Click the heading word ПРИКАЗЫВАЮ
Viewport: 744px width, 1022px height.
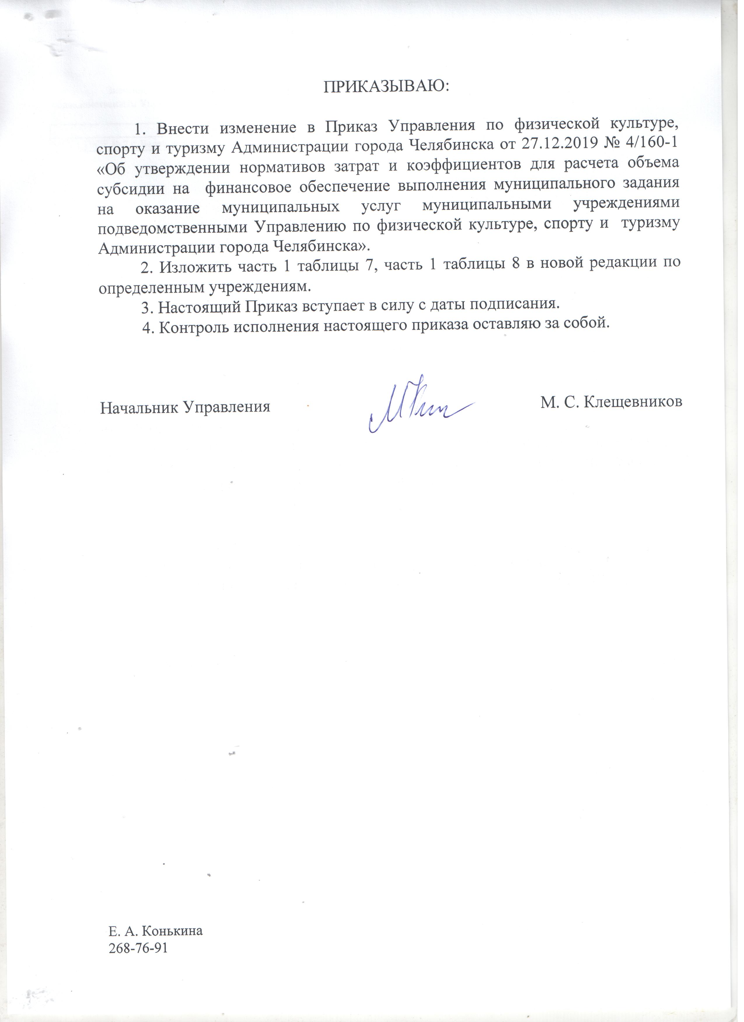pyautogui.click(x=388, y=87)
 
